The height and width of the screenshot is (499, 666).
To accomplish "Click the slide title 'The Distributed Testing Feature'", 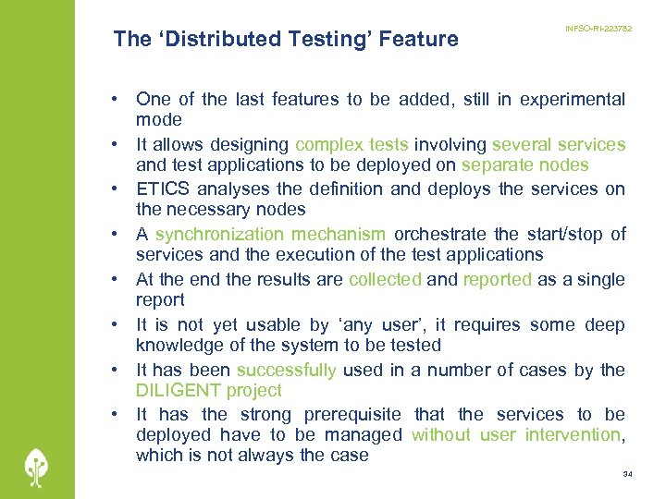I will coord(285,39).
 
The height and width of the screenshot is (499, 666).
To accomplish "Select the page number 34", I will coord(627,474).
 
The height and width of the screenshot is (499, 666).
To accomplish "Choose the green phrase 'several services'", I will coord(559,145).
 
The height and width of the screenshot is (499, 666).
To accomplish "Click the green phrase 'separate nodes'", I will coord(524,165).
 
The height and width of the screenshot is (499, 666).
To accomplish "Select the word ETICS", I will coord(164,189).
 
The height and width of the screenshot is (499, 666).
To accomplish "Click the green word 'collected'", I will coord(385,280).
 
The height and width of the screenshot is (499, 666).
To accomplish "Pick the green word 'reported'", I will coord(498,280).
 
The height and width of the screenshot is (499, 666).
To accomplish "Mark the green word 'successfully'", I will coord(286,371).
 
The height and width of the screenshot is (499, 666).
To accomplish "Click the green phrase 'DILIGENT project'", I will coord(208,391).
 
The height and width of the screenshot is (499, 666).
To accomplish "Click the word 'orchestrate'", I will coord(443,235).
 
